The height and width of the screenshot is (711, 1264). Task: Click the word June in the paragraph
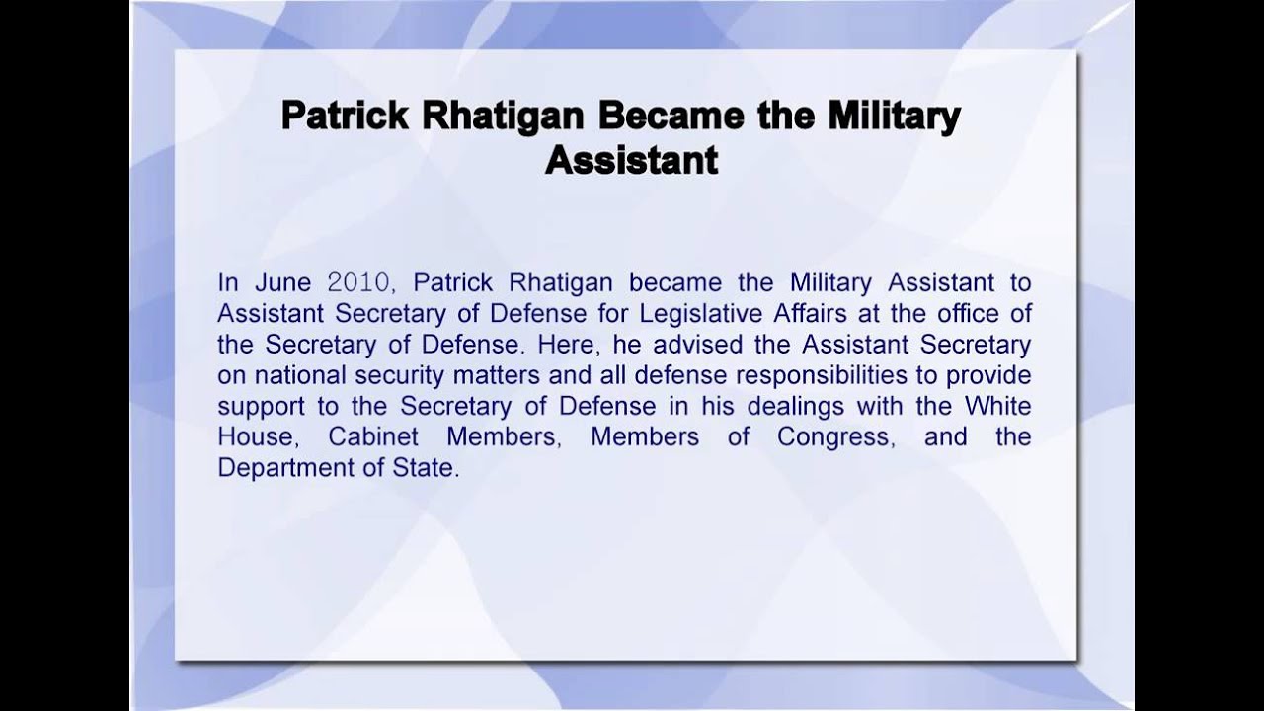283,282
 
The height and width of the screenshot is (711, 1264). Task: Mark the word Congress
835,436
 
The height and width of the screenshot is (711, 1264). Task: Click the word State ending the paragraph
431,467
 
